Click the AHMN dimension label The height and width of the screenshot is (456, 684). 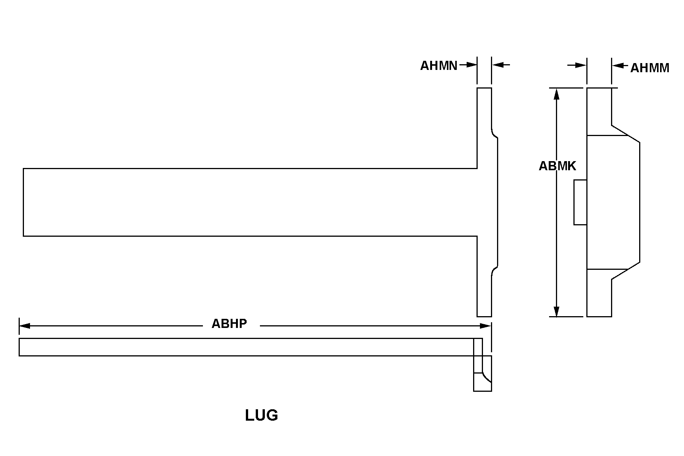tap(439, 66)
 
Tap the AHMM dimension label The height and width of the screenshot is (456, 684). tap(650, 68)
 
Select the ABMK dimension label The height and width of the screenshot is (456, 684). tap(557, 166)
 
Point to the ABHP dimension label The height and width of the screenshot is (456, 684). tap(229, 323)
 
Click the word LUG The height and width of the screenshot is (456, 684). tap(261, 415)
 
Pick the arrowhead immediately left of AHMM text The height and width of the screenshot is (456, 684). tap(617, 65)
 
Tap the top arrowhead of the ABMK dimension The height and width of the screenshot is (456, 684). tap(557, 93)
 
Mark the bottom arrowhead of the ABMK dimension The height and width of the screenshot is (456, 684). tap(557, 311)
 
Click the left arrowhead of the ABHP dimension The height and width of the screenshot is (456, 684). tap(25, 326)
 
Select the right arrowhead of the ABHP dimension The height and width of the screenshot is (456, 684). tap(486, 326)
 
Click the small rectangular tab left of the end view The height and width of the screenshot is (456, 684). tap(580, 202)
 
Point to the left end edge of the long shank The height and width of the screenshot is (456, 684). tap(24, 202)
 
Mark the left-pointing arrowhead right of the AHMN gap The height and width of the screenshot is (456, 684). tap(497, 65)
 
